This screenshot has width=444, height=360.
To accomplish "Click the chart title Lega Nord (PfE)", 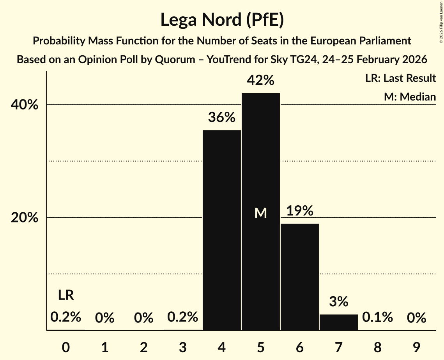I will [222, 20].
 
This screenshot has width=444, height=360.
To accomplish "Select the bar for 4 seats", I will [222, 230].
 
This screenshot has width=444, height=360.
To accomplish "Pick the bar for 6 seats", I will [300, 277].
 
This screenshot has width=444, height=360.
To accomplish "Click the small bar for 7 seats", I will [339, 322].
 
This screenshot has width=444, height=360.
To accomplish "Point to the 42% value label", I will [260, 80].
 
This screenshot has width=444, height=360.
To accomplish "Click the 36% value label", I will [221, 117].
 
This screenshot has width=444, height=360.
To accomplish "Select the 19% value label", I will [300, 211].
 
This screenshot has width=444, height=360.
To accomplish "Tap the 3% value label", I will [338, 302].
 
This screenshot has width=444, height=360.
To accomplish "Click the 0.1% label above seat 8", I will [377, 317].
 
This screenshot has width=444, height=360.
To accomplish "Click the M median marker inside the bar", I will [260, 213].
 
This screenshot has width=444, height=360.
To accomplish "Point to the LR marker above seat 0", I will [66, 295].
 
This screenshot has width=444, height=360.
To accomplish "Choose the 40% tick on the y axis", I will [25, 105].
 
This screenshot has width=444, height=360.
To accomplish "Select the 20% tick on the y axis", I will [25, 218].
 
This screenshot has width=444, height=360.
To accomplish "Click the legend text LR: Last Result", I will [400, 78].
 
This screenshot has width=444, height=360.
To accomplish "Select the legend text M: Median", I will [410, 97].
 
